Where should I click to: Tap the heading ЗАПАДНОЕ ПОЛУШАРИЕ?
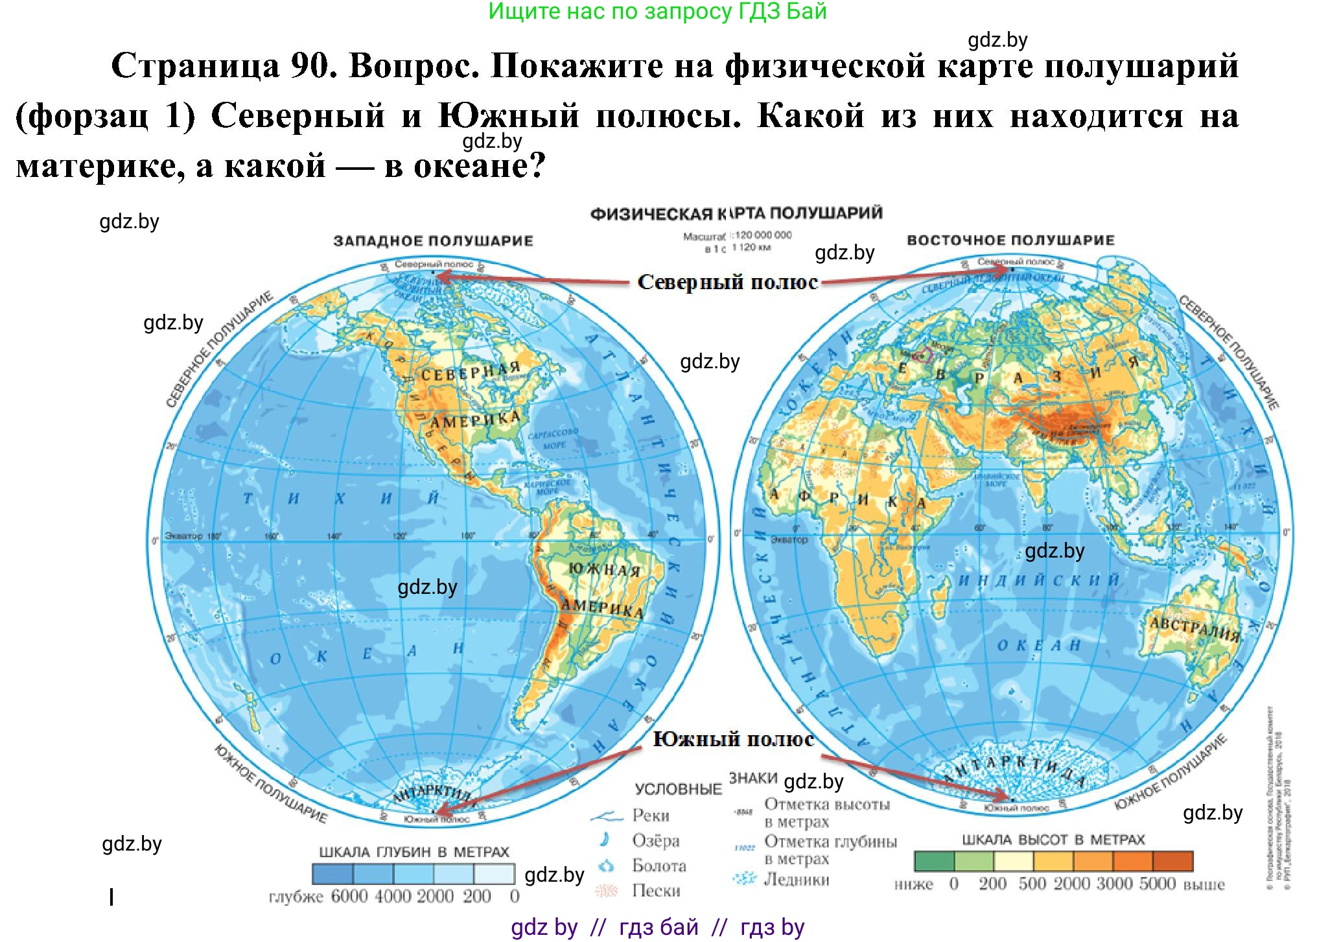point(433,241)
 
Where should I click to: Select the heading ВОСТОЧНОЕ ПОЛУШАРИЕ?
point(1010,241)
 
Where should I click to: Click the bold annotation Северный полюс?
point(727,282)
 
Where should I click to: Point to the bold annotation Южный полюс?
point(733,739)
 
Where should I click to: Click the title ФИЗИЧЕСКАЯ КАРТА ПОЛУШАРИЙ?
point(736,213)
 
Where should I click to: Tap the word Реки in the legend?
point(651,816)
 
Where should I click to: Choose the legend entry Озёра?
point(656,841)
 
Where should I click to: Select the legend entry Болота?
point(659,866)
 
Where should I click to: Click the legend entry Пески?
point(656,891)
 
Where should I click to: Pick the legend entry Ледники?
point(797,880)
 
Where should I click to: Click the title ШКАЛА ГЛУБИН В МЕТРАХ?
point(414,852)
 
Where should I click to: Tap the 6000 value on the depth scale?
point(349,897)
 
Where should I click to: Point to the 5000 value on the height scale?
point(1158,884)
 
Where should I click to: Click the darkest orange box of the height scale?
point(1173,861)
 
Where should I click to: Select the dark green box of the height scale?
point(934,861)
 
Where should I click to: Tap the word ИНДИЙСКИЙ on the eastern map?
point(1039,580)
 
